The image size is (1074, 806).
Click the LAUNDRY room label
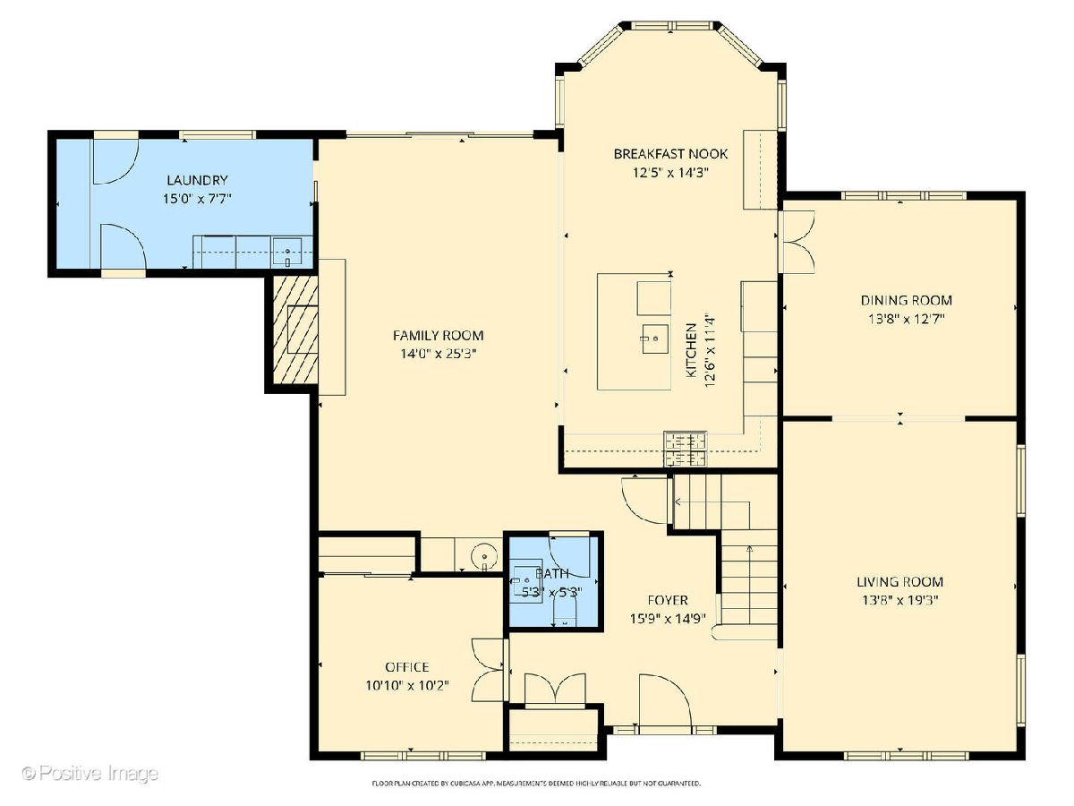point(197,180)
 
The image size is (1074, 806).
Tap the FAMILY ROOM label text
point(438,335)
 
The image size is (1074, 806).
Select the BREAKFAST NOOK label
point(670,154)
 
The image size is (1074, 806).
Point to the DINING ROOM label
point(906,300)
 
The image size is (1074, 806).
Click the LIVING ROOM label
point(899,581)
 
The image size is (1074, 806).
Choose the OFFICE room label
point(407,667)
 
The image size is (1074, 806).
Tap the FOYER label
point(668,600)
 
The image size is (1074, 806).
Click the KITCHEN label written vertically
point(691,350)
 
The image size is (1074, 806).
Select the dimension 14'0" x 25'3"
point(439,354)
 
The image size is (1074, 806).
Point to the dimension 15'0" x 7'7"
point(197,199)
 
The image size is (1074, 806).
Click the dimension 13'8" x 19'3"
point(899,600)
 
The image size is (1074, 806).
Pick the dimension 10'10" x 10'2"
point(407,685)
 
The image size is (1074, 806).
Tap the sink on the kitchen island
point(654,339)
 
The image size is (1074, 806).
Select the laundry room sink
point(287,253)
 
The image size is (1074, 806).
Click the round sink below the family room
point(484,556)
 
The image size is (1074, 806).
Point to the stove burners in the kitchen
point(685,449)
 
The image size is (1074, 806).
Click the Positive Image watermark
point(90,773)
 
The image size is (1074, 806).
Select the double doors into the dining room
point(796,242)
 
